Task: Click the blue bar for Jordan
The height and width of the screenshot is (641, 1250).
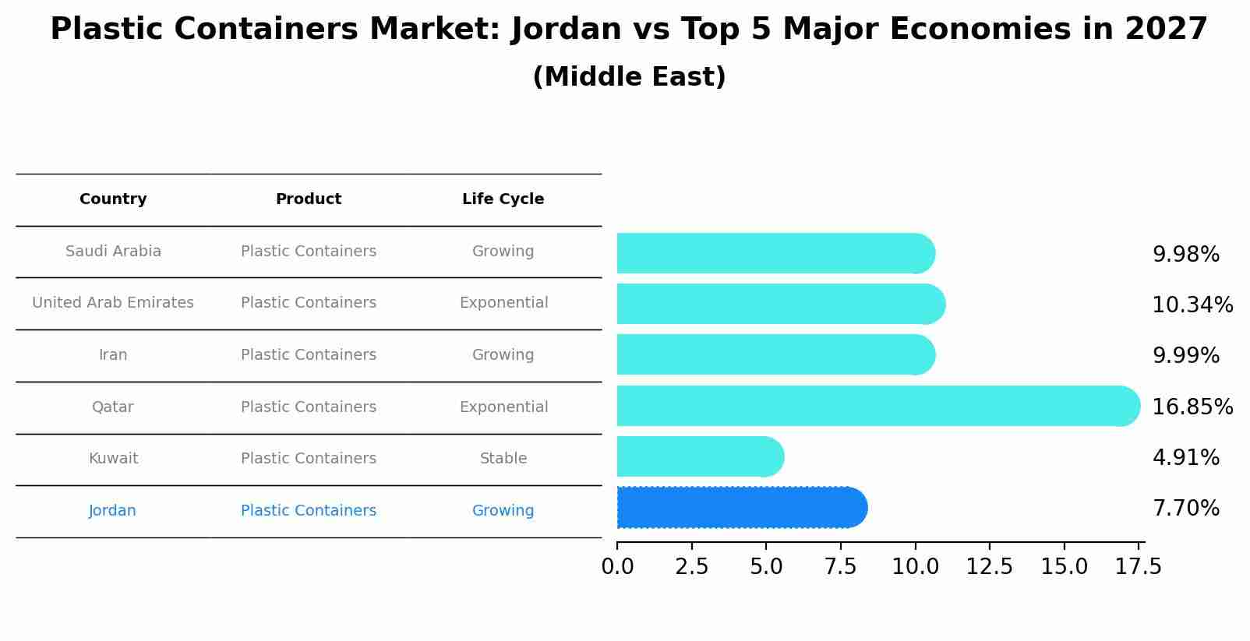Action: click(740, 508)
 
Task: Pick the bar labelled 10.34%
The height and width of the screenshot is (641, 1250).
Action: click(779, 304)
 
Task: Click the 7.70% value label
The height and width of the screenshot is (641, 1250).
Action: click(1185, 509)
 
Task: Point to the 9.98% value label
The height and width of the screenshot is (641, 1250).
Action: click(1185, 255)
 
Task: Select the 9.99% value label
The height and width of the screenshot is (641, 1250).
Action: click(1185, 356)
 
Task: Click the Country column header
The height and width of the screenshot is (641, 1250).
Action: click(113, 199)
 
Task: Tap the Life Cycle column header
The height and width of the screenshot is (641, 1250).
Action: click(503, 199)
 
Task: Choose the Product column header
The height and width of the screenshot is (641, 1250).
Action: click(309, 199)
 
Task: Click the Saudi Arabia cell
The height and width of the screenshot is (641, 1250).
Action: click(113, 252)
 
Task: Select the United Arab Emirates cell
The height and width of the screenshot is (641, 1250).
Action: click(113, 303)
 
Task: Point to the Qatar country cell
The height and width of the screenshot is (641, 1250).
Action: click(113, 407)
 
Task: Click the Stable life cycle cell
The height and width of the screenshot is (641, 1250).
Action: click(503, 459)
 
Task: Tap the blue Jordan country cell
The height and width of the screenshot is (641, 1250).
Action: click(113, 511)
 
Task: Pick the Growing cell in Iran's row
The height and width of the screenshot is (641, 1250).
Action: click(503, 355)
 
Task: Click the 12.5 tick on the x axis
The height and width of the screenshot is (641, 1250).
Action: click(990, 567)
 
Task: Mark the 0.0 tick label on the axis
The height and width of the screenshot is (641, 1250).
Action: click(617, 567)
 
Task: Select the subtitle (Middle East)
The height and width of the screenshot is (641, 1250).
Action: click(629, 77)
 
